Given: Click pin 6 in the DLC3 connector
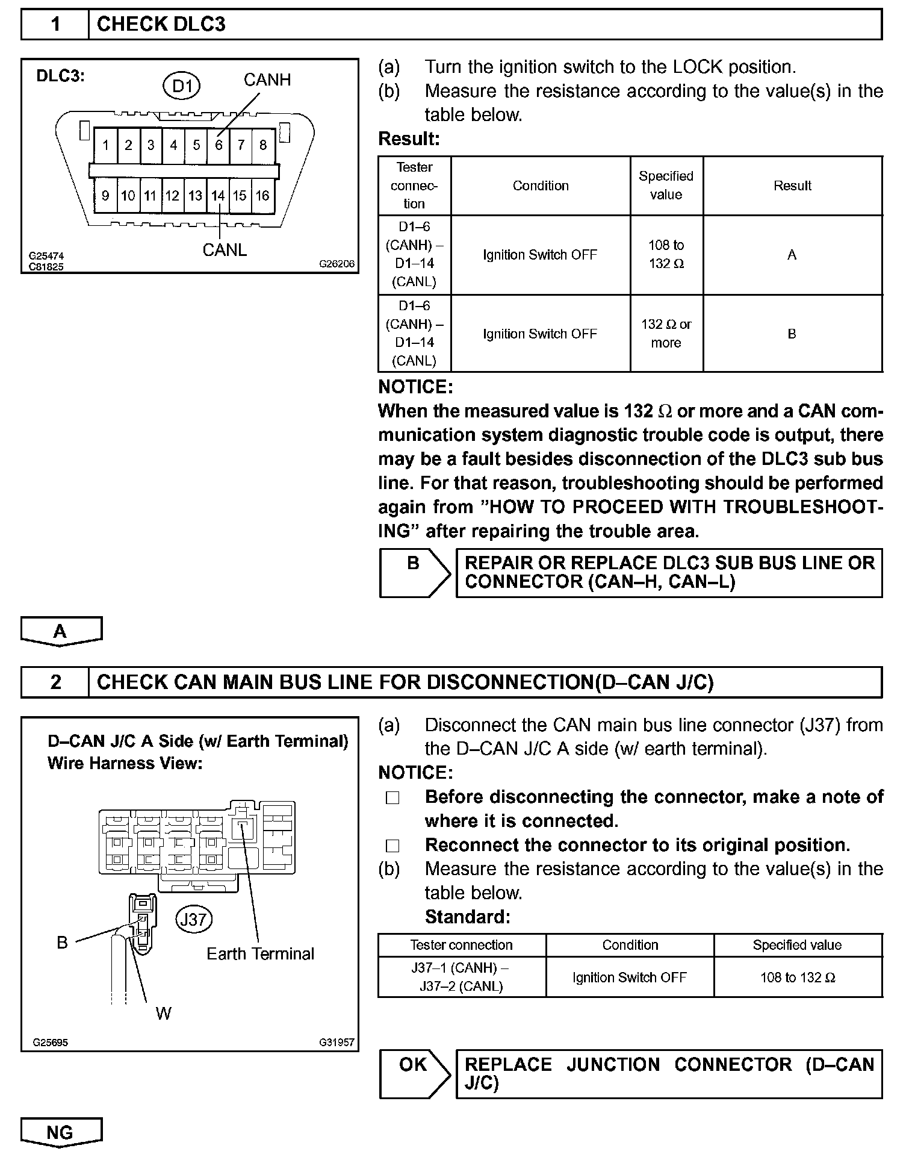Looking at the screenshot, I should click(219, 145).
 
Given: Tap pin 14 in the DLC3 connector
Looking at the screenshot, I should click(217, 196).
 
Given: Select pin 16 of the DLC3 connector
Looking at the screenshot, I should click(262, 196).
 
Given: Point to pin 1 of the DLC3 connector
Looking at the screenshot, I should click(106, 145).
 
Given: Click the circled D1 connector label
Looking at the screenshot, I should click(182, 87).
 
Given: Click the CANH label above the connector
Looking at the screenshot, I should click(267, 80).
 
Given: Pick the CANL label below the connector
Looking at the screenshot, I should click(225, 250).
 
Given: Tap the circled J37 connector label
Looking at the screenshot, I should click(194, 920).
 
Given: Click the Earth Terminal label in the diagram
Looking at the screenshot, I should click(260, 954).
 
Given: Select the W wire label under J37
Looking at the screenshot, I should click(163, 1014).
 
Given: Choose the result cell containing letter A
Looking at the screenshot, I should click(792, 255).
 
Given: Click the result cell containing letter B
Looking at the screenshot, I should click(792, 334).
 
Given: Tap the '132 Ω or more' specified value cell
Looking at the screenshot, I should click(666, 334).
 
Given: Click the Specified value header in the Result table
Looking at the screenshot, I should click(666, 186).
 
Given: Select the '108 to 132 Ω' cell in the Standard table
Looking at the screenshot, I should click(798, 978).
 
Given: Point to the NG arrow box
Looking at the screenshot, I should click(61, 1133).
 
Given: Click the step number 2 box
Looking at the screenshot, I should click(55, 682).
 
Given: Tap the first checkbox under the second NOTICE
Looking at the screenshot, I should click(392, 797).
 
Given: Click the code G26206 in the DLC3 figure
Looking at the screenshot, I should click(337, 264).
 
